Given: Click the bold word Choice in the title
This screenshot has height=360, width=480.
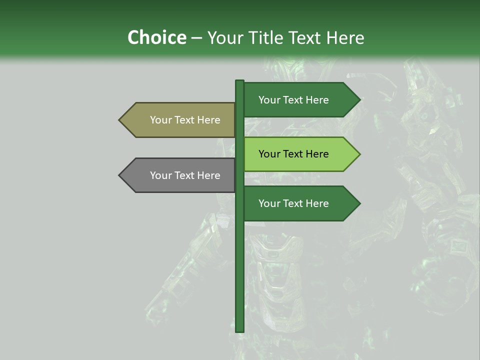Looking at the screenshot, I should click(x=156, y=37).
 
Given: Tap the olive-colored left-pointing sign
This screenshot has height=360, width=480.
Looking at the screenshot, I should click(x=180, y=120).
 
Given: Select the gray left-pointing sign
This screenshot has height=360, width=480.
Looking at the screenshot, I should click(x=180, y=175).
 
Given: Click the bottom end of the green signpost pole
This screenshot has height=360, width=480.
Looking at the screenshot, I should click(x=240, y=330).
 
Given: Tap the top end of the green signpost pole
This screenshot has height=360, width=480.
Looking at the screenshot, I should click(x=240, y=81).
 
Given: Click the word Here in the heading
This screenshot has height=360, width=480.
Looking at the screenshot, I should click(x=345, y=37).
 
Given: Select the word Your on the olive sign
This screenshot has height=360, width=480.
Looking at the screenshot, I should click(x=160, y=120).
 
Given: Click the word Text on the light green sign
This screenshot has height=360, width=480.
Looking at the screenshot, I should click(x=293, y=154).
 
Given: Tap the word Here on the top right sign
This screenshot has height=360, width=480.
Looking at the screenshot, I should click(x=316, y=100).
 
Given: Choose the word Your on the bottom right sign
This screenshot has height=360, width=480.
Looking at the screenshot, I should click(x=269, y=203).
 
